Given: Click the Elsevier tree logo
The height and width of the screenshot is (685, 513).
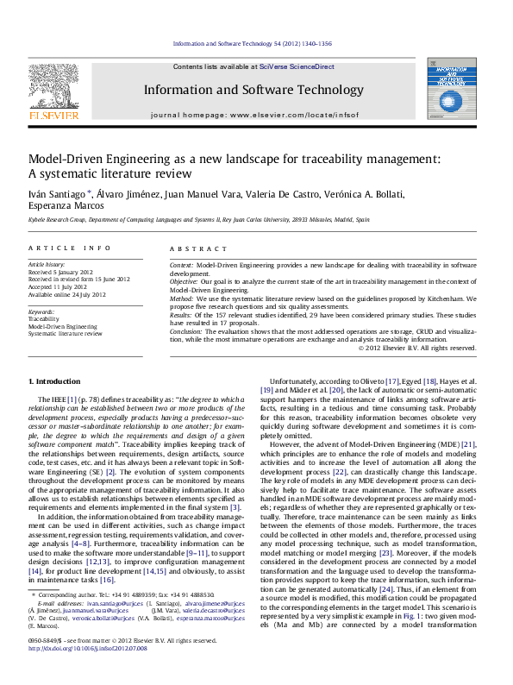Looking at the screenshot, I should coord(53,85).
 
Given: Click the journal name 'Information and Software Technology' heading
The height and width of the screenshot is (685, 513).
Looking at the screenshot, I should coord(253,90).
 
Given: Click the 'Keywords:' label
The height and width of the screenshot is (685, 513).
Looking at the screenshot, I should coord(42,311).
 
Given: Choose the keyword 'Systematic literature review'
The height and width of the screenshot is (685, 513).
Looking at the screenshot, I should coord(66,333).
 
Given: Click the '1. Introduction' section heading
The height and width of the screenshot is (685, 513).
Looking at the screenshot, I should coord(56,380).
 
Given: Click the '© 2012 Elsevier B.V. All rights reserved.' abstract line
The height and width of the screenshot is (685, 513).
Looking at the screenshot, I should coord(416,348).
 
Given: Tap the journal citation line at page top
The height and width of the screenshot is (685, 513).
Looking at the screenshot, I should coord(253,42).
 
